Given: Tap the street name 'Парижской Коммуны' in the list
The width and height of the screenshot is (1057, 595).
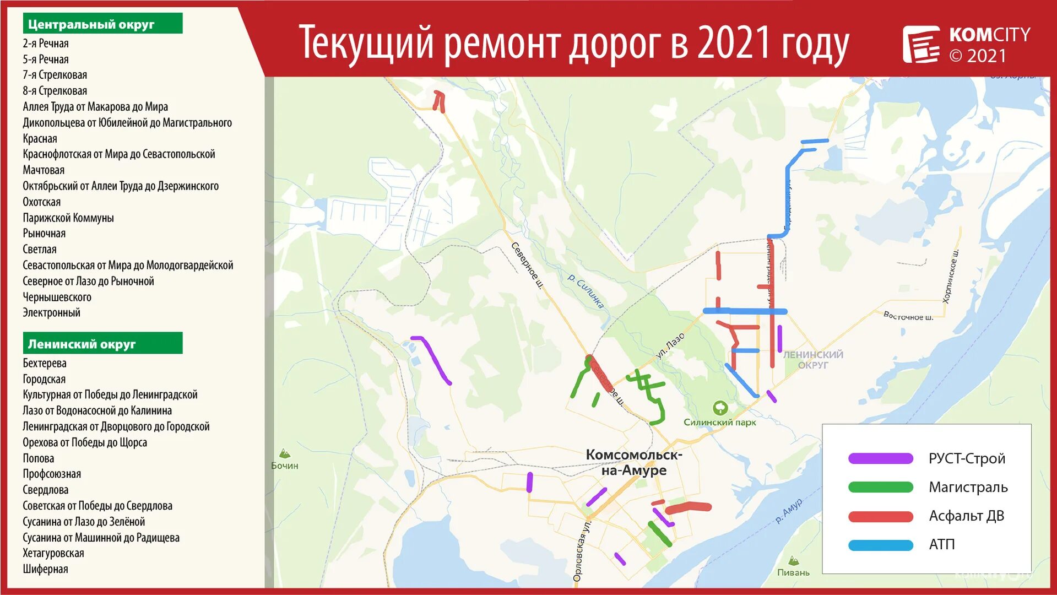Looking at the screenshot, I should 68,218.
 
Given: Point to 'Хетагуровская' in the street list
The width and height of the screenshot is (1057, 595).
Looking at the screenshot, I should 53,553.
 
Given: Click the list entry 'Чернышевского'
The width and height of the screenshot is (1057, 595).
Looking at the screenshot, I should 57,297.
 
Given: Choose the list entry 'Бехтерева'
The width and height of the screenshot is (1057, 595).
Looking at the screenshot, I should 45,363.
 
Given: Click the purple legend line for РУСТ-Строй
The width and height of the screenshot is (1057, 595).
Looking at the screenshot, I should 880,458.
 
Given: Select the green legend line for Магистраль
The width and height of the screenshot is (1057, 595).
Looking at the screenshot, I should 880,487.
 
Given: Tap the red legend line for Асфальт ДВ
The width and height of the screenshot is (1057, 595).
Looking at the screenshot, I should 880,516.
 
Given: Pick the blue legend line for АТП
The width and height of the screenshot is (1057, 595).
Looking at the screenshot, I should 880,545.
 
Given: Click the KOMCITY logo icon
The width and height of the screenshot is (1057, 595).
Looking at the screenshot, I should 921,44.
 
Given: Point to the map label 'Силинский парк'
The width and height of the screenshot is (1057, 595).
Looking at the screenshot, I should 719,423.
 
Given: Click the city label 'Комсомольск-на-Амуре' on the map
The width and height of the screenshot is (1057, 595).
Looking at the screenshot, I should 633,462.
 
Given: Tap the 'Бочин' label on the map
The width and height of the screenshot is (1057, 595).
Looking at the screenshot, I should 285,466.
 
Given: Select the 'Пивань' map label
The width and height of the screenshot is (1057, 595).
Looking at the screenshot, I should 793,572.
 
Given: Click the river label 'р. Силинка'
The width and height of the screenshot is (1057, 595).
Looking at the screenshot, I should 586,291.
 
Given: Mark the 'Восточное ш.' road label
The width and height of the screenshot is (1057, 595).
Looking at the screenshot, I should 908,316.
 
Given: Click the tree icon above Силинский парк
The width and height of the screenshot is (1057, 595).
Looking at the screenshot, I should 720,408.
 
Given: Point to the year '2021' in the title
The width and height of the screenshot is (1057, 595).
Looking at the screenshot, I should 733,43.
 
